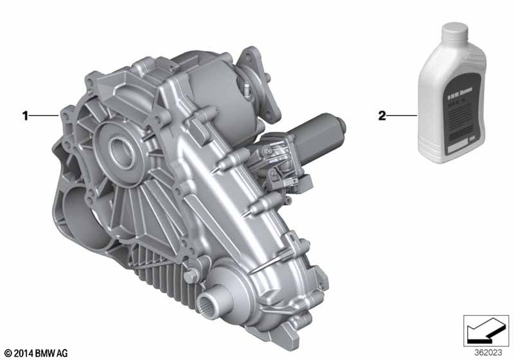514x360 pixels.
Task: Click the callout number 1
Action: point(26,116)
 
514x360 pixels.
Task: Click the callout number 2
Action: point(382,116)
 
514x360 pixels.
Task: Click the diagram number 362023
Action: point(489,352)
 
